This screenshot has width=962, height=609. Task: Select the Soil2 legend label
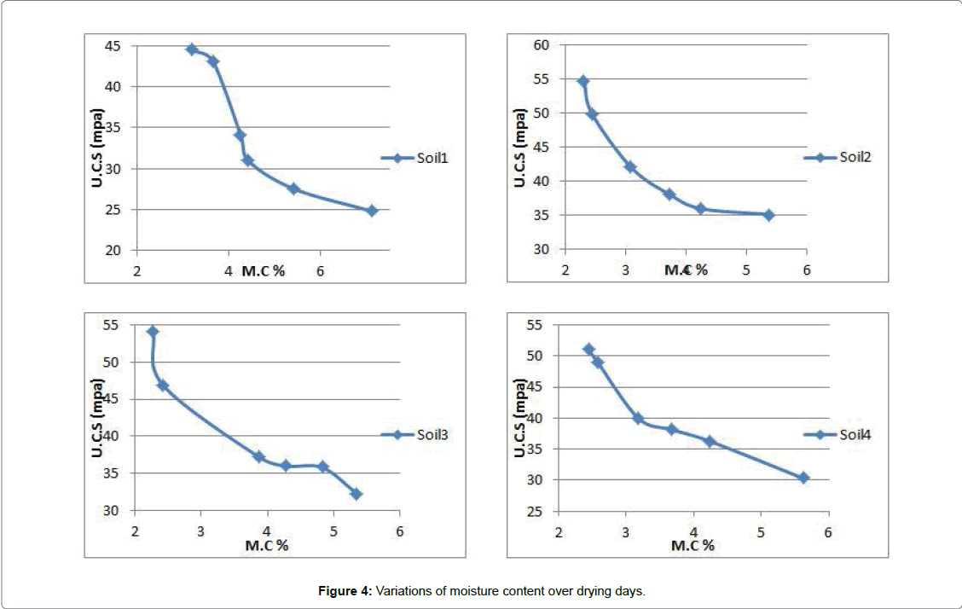[853, 157]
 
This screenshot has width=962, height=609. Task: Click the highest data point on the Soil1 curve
[192, 49]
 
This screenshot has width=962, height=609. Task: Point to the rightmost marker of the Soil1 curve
[372, 211]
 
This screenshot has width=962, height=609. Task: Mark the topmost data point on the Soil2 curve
[583, 81]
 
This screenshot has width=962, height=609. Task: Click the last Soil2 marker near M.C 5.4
[768, 215]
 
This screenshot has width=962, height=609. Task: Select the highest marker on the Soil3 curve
[153, 331]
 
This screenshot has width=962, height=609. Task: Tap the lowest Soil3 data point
[356, 494]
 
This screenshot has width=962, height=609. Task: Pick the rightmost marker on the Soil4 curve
[803, 478]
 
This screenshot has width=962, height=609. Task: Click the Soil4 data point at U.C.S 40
[637, 418]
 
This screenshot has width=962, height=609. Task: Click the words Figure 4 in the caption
[345, 590]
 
